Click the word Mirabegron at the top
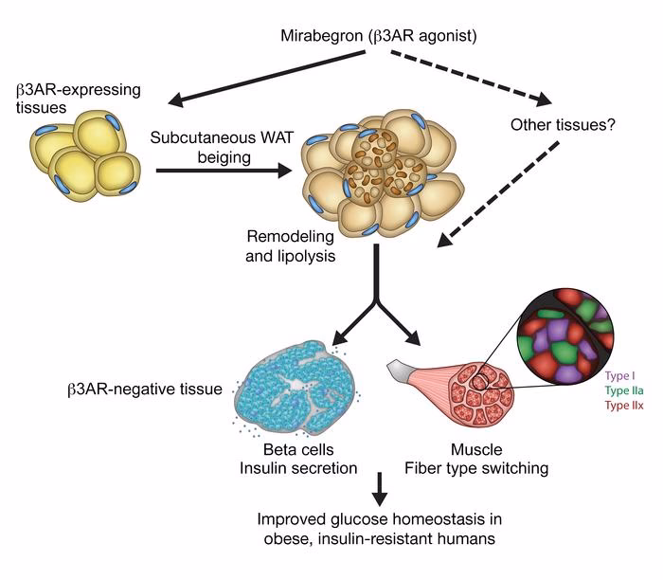(320, 35)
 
